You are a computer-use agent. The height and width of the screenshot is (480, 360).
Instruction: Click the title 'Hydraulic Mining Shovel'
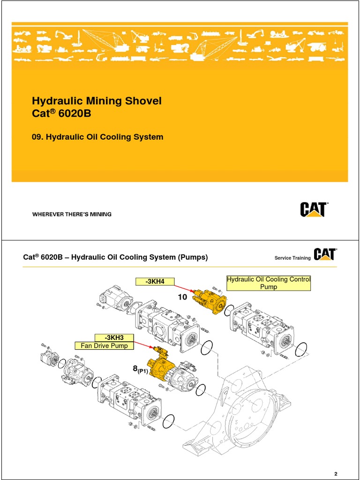click(97, 101)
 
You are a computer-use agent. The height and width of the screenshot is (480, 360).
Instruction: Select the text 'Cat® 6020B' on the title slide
click(61, 115)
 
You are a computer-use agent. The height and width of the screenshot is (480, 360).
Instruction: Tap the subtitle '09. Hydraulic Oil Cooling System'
click(97, 137)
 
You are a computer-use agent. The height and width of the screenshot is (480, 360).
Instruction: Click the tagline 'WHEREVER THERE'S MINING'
click(72, 214)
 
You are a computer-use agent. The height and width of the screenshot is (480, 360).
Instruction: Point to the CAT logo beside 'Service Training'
click(325, 255)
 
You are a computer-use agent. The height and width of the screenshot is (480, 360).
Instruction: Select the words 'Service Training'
click(292, 258)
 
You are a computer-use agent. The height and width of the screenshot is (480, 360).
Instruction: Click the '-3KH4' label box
click(155, 281)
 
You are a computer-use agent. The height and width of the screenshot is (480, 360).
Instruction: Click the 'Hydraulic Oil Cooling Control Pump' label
click(269, 283)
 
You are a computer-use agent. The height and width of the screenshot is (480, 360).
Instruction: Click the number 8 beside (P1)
click(135, 370)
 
